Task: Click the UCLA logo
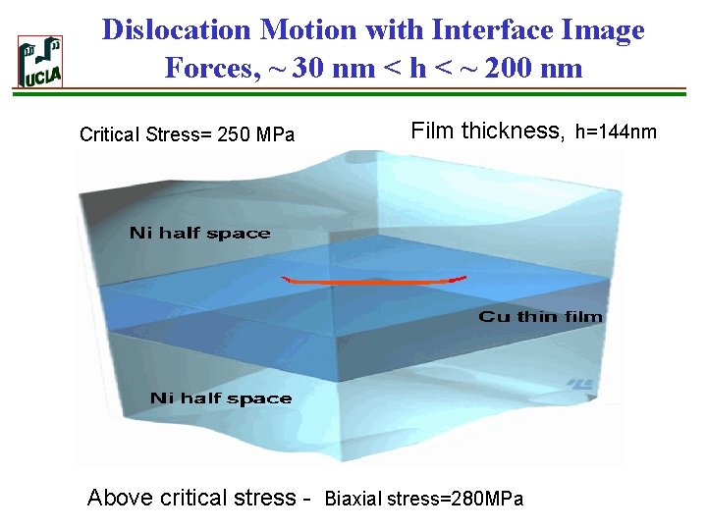[40, 62]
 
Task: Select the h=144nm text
[616, 131]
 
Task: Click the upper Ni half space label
[199, 233]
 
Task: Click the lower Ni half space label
[221, 397]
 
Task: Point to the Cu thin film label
[540, 316]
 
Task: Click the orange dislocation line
[373, 283]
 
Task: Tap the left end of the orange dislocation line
[284, 279]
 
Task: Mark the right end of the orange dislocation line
[462, 278]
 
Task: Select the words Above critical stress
[191, 498]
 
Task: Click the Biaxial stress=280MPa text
[424, 500]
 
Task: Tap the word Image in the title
[602, 29]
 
